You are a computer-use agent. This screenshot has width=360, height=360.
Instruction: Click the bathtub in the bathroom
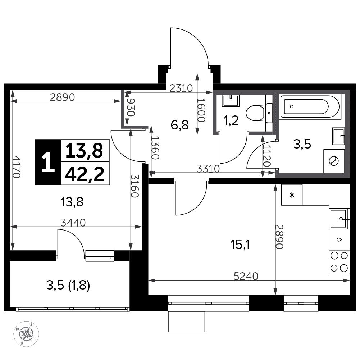click(x=309, y=106)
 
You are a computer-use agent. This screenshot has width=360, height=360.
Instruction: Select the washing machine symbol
click(x=334, y=161)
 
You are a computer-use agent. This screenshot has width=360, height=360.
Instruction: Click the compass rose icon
click(x=26, y=334)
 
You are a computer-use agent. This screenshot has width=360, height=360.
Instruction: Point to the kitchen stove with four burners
click(x=339, y=262)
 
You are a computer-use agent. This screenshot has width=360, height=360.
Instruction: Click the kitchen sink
click(x=339, y=219)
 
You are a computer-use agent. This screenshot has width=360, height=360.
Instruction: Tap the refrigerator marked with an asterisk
click(x=292, y=195)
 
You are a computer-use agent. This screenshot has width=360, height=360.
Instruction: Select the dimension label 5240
click(x=246, y=276)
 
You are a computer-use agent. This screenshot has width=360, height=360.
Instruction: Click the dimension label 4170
click(x=17, y=167)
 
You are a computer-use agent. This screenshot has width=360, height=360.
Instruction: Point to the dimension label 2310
click(x=181, y=88)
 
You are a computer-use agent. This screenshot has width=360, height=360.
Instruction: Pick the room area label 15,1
click(x=240, y=245)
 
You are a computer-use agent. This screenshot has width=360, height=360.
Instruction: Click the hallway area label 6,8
click(x=180, y=125)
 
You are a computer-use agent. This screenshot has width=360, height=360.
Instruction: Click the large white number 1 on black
click(x=48, y=163)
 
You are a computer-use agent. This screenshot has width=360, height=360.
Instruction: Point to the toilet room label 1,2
click(x=231, y=120)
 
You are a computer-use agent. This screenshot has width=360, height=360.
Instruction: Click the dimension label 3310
click(x=208, y=169)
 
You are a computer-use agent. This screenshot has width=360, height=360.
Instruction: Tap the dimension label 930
click(x=131, y=108)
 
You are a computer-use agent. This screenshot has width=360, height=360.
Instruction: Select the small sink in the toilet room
click(x=231, y=100)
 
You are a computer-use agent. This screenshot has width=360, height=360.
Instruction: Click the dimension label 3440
click(x=73, y=223)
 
